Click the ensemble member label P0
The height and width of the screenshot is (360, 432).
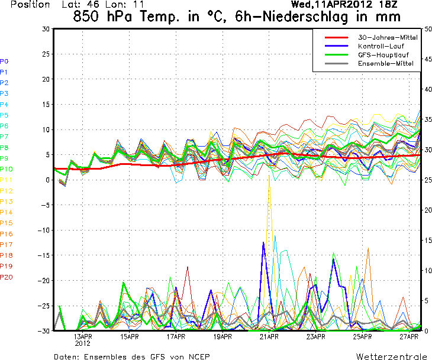[4, 61]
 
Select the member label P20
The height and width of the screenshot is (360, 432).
[7, 277]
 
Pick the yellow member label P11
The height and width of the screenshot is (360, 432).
[7, 180]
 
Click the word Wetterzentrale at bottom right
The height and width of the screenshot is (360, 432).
[392, 357]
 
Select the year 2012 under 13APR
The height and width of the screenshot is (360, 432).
[83, 343]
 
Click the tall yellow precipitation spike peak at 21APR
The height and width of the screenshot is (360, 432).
[269, 176]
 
